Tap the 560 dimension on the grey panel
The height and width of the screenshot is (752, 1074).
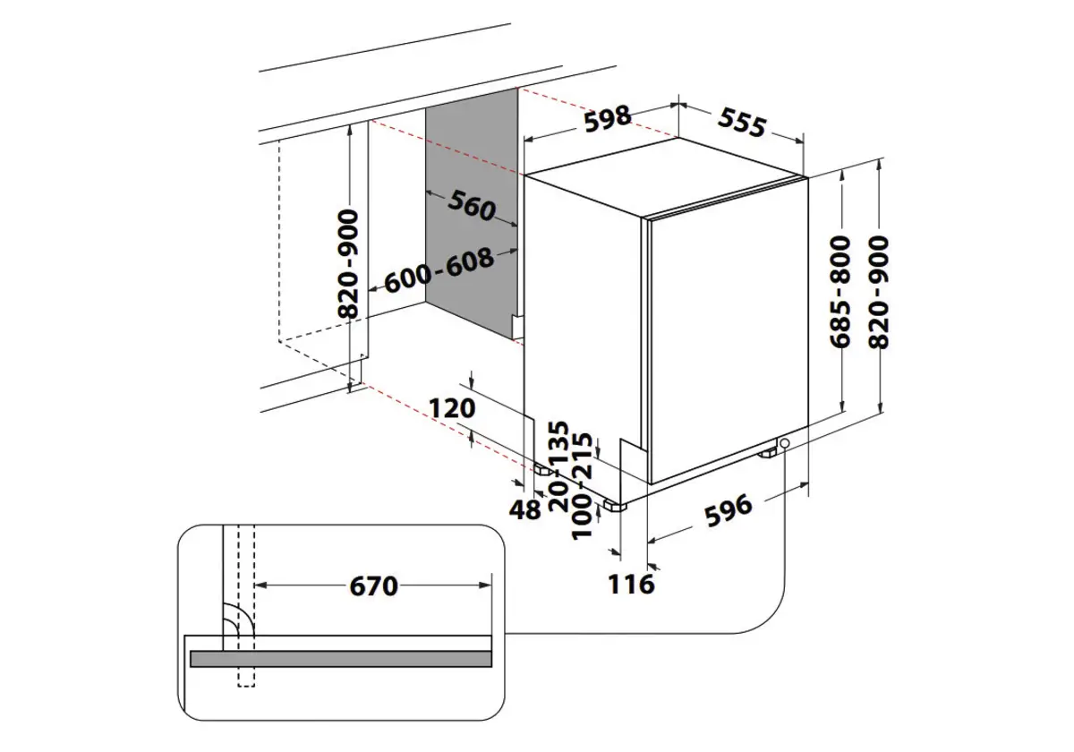tap(472, 208)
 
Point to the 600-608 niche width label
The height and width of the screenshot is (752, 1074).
tap(439, 270)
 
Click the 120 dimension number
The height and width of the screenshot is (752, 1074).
tap(450, 409)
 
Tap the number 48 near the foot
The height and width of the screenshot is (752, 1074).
tap(525, 510)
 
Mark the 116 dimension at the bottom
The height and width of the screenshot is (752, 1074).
tap(632, 585)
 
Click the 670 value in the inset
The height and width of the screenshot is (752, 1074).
tap(372, 586)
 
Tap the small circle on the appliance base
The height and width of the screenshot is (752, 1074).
tap(784, 443)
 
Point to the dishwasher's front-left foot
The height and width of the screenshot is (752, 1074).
tap(614, 505)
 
